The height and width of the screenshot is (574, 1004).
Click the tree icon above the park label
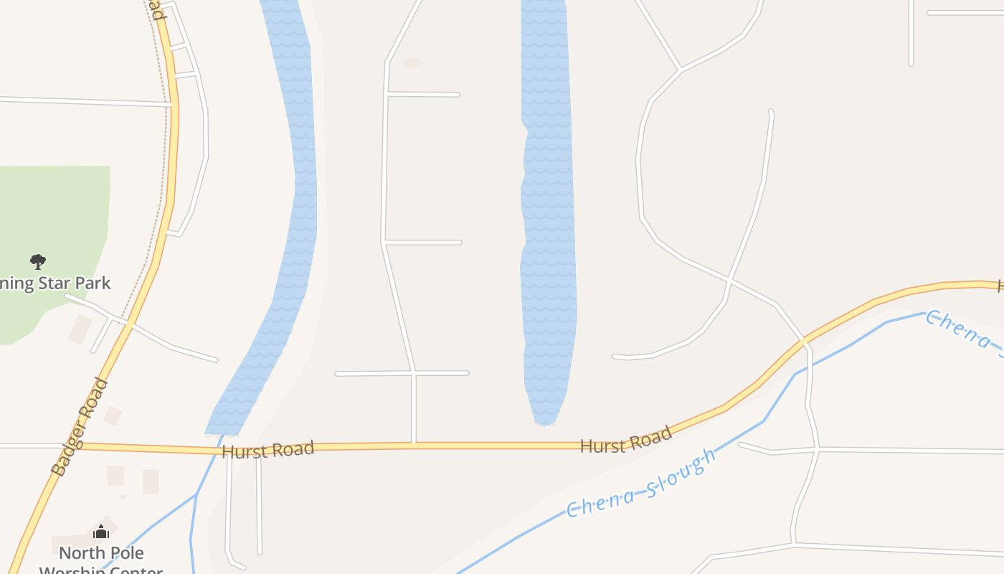tap(38, 261)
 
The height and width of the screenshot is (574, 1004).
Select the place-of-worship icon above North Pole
tap(101, 532)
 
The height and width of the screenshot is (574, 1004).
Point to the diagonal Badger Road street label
tap(80, 427)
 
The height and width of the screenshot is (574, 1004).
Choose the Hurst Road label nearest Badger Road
tap(267, 451)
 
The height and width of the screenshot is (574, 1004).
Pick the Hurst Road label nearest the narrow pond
tap(625, 440)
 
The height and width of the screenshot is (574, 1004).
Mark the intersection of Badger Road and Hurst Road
tap(79, 446)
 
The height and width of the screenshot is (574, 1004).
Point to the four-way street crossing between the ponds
tap(414, 373)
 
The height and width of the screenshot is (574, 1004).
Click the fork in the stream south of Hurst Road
tap(196, 494)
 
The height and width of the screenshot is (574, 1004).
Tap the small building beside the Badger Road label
tap(113, 415)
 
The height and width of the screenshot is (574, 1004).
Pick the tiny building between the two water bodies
tap(412, 62)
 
